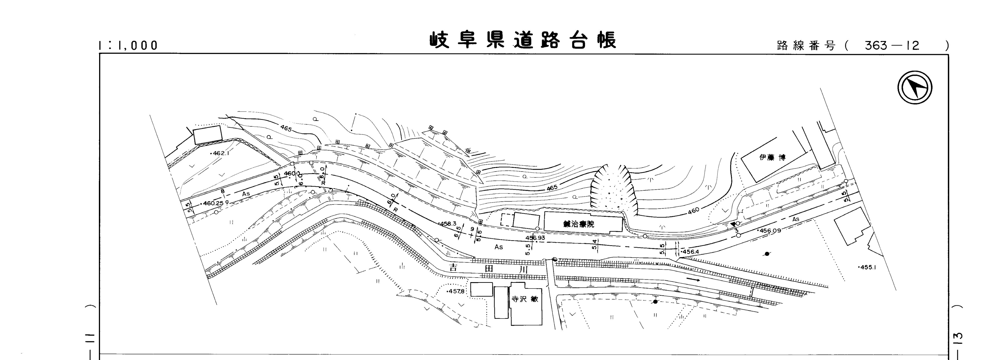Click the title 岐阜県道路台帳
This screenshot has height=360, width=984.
point(523,41)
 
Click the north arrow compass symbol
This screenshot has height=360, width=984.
point(914,88)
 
